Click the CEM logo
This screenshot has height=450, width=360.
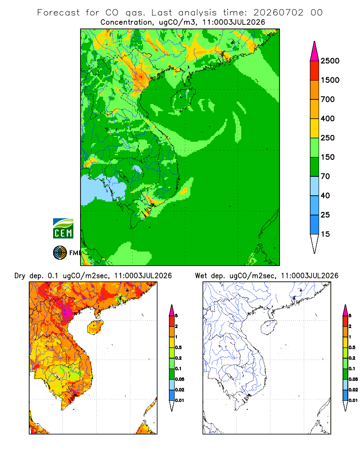pyautogui.click(x=63, y=228)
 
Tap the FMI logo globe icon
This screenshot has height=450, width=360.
pyautogui.click(x=60, y=253)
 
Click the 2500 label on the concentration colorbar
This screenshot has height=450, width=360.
pyautogui.click(x=330, y=61)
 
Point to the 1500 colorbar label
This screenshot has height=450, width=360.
pyautogui.click(x=330, y=80)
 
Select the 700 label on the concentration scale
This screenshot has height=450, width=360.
pyautogui.click(x=328, y=99)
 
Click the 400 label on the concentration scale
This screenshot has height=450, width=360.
pyautogui.click(x=328, y=118)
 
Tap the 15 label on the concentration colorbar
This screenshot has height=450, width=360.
pyautogui.click(x=325, y=234)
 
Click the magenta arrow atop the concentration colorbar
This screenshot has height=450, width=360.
pyautogui.click(x=315, y=51)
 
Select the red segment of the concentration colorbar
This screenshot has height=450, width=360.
pyautogui.click(x=315, y=71)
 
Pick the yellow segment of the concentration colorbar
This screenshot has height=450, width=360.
pyautogui.click(x=315, y=128)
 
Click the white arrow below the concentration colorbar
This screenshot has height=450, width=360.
pyautogui.click(x=315, y=244)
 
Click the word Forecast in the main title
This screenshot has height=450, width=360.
pyautogui.click(x=58, y=13)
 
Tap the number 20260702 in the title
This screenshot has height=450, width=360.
pyautogui.click(x=278, y=13)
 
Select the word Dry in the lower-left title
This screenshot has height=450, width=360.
pyautogui.click(x=20, y=276)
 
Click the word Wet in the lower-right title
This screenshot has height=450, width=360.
pyautogui.click(x=201, y=276)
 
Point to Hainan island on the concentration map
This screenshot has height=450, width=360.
pyautogui.click(x=183, y=99)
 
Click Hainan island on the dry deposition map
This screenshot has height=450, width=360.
pyautogui.click(x=95, y=327)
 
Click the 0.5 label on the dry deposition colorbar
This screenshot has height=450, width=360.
pyautogui.click(x=179, y=347)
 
